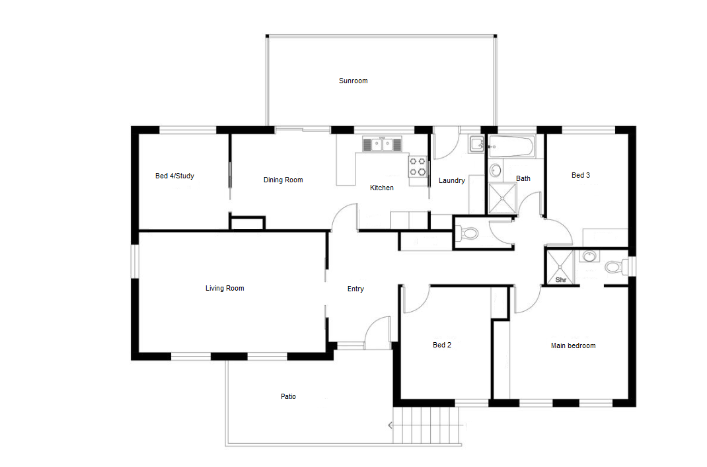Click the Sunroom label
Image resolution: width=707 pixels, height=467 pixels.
pos(353,81)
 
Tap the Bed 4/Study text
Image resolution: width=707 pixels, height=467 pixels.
pos(174,176)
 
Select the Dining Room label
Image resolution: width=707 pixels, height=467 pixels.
pos(283,180)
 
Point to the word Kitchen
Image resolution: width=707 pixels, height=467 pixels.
pos(381,188)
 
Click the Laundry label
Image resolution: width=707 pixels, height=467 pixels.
pos(452,180)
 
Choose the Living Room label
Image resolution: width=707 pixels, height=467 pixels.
pos(225,288)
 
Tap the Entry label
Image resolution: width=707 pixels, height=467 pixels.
pos(355,289)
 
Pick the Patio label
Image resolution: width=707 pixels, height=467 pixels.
pos(288,396)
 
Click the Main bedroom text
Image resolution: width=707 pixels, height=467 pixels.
pos(573,345)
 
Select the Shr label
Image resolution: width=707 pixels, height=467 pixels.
pos(561,280)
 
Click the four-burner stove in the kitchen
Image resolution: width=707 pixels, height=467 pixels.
pos(418,166)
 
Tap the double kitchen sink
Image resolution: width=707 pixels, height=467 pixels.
pos(382,144)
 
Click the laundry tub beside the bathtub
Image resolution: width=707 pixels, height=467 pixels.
pos(476,144)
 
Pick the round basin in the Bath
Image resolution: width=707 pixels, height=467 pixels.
pos(496,171)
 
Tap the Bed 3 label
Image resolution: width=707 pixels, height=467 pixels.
pos(581,175)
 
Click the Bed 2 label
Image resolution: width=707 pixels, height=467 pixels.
pos(442,345)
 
